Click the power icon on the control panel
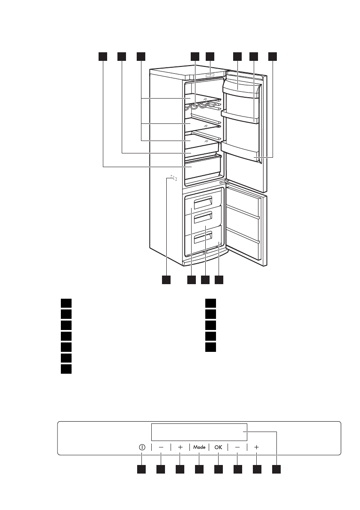coord(142,447)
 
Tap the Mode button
coord(199,447)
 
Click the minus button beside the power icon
coord(161,447)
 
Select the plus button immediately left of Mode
coord(180,447)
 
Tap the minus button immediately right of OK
coord(237,447)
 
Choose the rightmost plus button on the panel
coord(256,447)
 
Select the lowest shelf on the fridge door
coord(240,150)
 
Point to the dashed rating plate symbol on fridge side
coord(173,177)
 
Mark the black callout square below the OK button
coord(219,470)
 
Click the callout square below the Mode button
coord(199,470)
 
